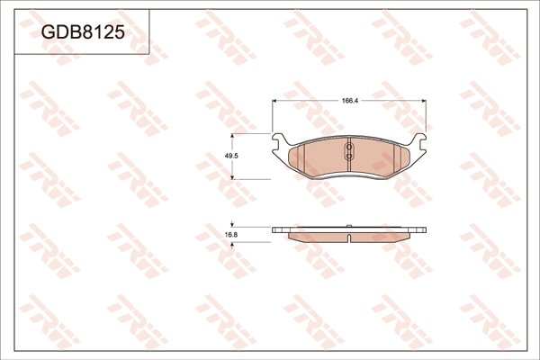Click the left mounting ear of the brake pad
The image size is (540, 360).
click(x=280, y=141)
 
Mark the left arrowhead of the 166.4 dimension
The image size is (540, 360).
click(x=275, y=106)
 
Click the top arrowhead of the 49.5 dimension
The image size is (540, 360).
click(x=234, y=136)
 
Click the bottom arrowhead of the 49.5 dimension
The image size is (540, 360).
click(x=234, y=177)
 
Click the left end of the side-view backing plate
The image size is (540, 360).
click(x=274, y=229)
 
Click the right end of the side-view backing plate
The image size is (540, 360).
click(x=427, y=229)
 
